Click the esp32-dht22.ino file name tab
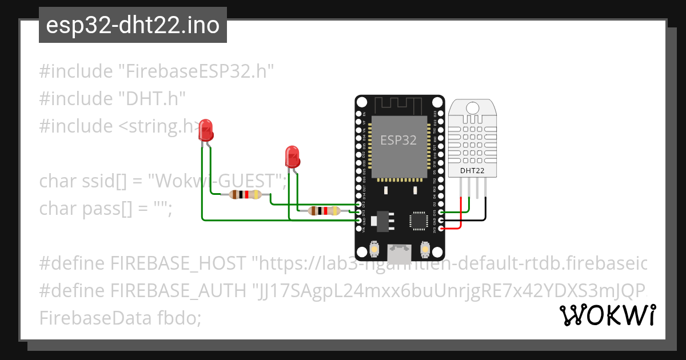tap(133, 26)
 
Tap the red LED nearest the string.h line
tap(206, 130)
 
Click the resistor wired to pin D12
tap(245, 195)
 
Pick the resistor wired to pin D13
tap(324, 210)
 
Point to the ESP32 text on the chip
tap(398, 139)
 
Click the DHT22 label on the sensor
tap(472, 170)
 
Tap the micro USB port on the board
tap(398, 250)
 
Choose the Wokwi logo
tap(607, 315)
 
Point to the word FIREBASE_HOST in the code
tap(179, 263)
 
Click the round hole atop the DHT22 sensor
tap(472, 107)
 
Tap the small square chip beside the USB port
tap(418, 220)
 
